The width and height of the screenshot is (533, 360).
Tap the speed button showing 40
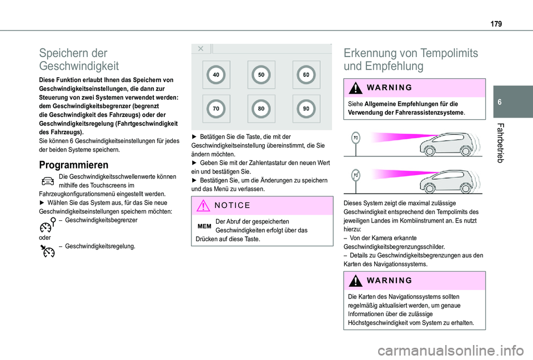pyautogui.click(x=215, y=74)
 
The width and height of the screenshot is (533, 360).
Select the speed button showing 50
pyautogui.click(x=261, y=74)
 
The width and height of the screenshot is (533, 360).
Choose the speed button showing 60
pyautogui.click(x=306, y=74)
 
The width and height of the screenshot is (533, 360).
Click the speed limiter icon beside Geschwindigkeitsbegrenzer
pyautogui.click(x=48, y=224)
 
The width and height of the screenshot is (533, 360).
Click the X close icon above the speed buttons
pyautogui.click(x=200, y=48)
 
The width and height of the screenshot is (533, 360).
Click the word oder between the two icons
pyautogui.click(x=45, y=237)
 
